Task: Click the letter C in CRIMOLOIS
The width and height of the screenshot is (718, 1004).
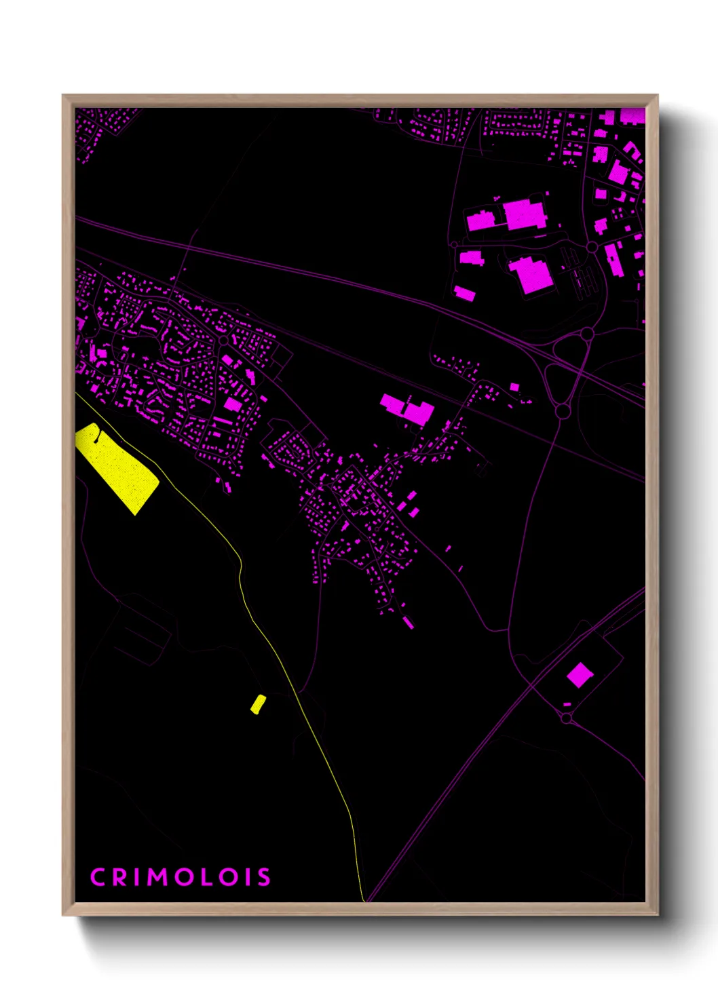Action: (x=98, y=876)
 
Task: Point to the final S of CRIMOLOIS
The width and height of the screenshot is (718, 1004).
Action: (x=263, y=876)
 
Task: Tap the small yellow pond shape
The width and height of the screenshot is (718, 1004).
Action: (x=258, y=704)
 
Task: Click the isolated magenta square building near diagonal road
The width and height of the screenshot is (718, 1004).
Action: (x=580, y=675)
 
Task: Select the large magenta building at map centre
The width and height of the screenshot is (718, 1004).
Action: (x=407, y=408)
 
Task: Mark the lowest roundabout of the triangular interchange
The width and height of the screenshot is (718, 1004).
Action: (x=563, y=410)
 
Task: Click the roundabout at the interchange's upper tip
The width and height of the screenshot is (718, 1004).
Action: (x=588, y=334)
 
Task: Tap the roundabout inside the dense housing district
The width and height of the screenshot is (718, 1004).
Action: (x=223, y=339)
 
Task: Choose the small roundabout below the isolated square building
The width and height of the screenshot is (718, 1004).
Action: (x=567, y=718)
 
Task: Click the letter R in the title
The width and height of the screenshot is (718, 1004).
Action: (x=121, y=876)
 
